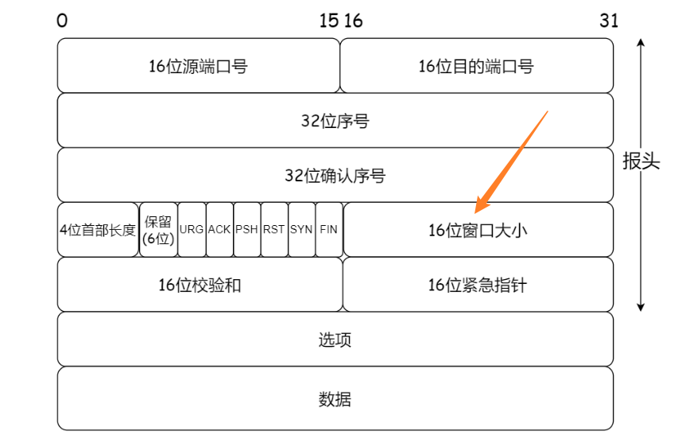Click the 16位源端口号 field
(199, 66)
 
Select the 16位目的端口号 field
(476, 66)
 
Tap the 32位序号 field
(335, 121)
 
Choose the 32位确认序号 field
(335, 175)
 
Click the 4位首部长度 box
(98, 230)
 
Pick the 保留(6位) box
(158, 230)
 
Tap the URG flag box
(192, 230)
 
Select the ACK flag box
(219, 230)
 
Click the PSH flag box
(247, 230)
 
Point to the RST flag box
(274, 230)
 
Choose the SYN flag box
(301, 230)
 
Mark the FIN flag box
(328, 230)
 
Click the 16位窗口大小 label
(478, 231)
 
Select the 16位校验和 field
(199, 285)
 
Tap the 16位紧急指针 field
(478, 285)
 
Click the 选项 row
(335, 340)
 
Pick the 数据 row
(335, 398)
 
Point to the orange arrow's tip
(475, 212)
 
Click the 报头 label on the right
(641, 162)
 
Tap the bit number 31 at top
(609, 21)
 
